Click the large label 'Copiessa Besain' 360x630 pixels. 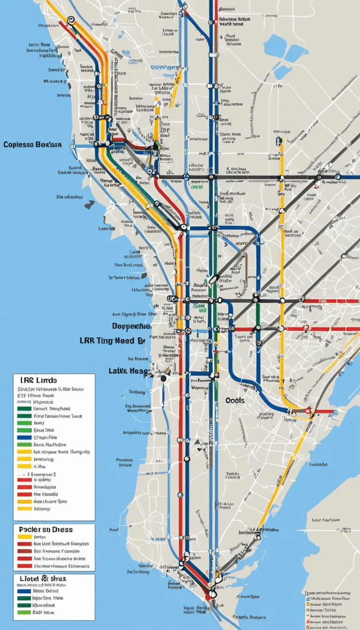32,144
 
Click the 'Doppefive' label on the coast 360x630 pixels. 132,326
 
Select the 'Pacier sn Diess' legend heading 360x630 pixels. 45,529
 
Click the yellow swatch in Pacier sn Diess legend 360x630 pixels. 24,537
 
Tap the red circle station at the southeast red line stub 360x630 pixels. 308,411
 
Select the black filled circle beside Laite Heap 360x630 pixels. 163,378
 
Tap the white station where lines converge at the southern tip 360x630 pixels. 212,593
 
